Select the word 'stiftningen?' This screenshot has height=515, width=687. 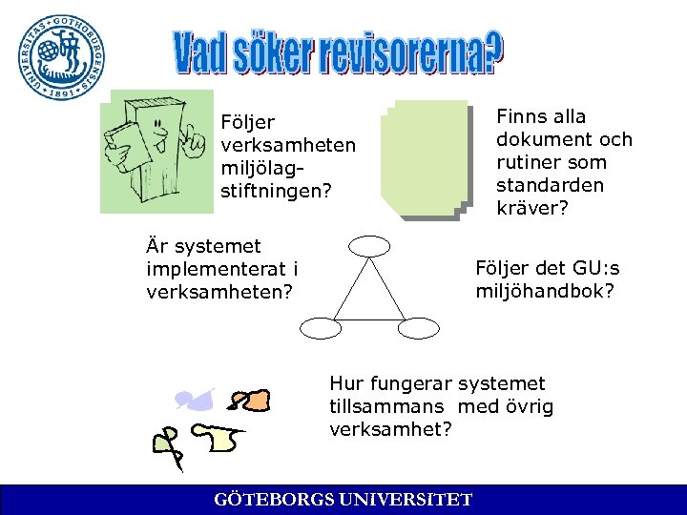(276, 192)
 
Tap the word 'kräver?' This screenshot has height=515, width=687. (531, 208)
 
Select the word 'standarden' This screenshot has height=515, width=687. (550, 185)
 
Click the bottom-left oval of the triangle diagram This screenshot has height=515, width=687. (321, 328)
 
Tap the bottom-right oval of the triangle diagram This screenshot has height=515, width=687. (417, 328)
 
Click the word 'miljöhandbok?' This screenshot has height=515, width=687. (545, 291)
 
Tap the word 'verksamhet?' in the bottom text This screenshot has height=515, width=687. (390, 429)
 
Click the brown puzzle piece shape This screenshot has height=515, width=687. (251, 401)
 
